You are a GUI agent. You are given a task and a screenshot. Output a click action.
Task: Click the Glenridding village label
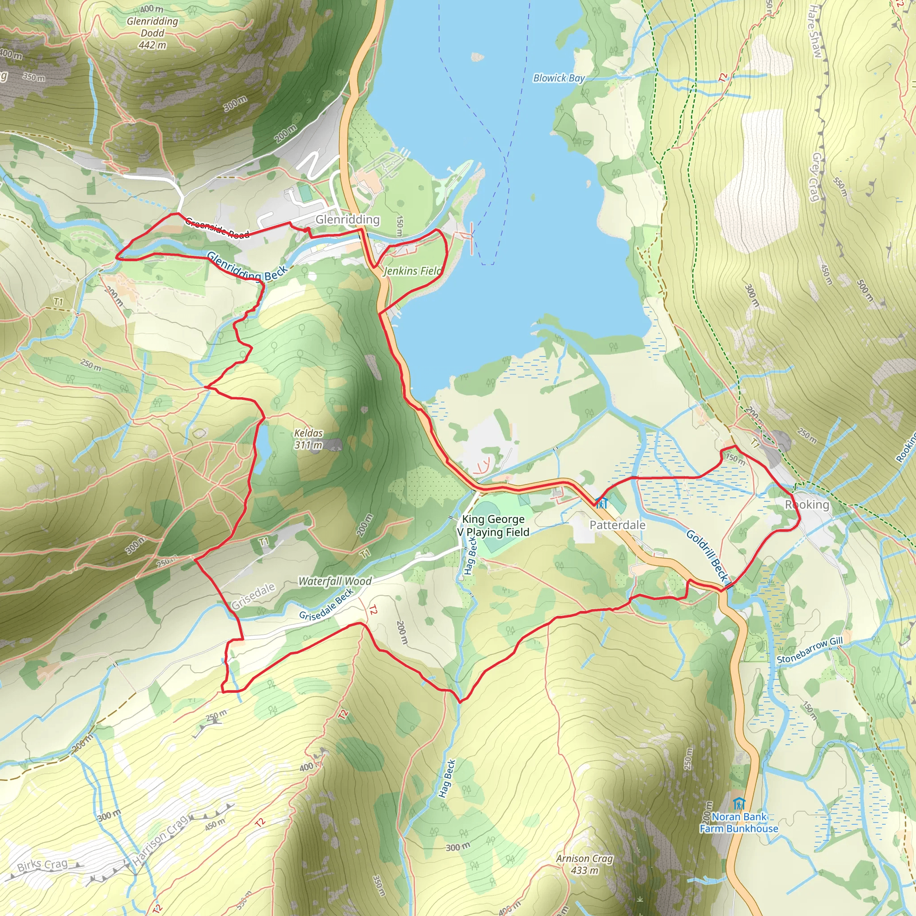[348, 220]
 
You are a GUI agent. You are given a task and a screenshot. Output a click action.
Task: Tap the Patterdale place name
[617, 525]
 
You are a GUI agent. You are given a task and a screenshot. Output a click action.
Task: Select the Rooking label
[806, 505]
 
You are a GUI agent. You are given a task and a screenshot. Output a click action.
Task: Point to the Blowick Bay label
[559, 78]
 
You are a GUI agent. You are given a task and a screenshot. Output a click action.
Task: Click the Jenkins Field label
[412, 271]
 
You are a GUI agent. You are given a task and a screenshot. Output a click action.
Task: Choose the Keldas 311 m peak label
[308, 439]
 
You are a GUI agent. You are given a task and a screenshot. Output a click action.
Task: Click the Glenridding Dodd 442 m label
[152, 33]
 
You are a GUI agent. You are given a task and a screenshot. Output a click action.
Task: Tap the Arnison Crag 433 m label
[584, 864]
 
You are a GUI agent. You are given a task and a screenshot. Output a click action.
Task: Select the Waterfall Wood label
[335, 581]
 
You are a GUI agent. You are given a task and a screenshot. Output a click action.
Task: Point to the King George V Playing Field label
[492, 526]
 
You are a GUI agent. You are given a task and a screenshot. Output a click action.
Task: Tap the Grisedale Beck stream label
[326, 605]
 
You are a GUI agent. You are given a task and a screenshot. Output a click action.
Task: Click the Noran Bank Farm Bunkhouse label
[739, 823]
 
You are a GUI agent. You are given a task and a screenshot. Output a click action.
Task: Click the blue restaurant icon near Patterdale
[601, 503]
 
